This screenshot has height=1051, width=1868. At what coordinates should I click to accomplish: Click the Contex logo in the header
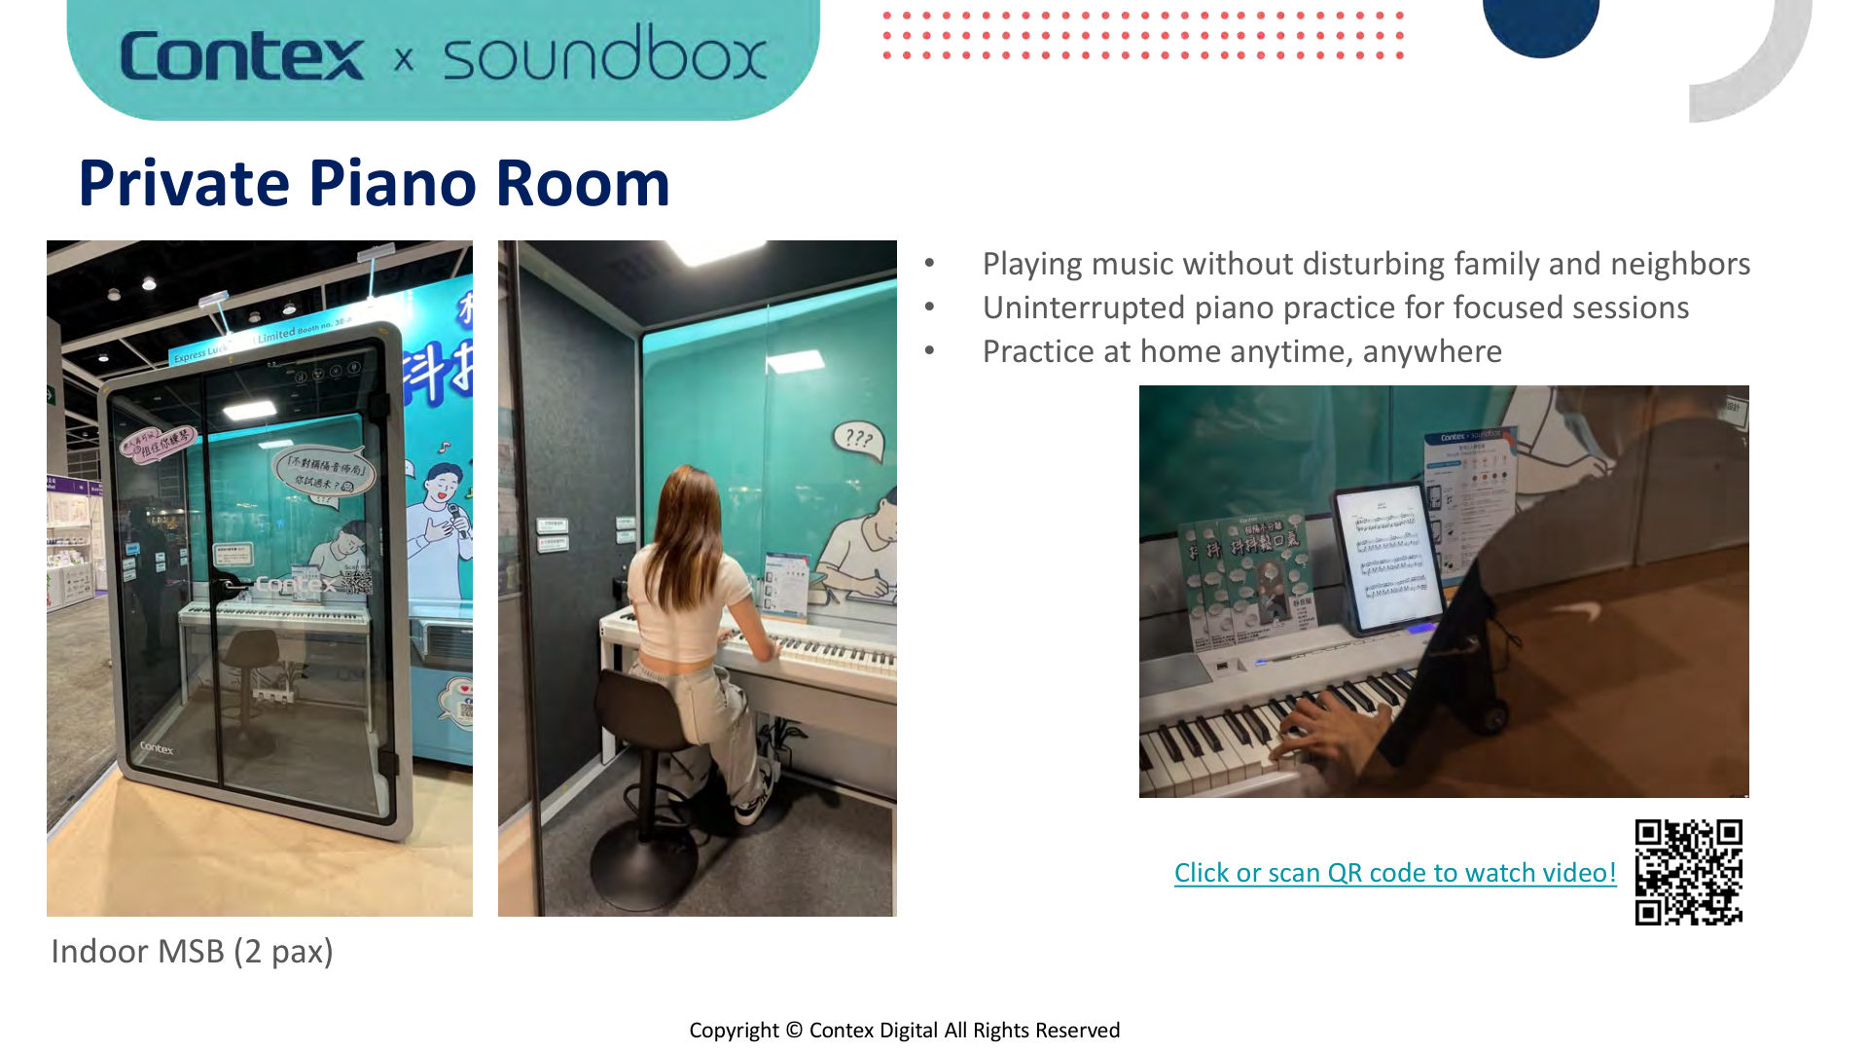point(241,55)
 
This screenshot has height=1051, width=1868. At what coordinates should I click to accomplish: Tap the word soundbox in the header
point(604,55)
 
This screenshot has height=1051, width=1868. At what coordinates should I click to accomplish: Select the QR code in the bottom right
point(1688,872)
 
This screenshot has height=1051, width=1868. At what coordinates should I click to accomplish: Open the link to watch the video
point(1394,873)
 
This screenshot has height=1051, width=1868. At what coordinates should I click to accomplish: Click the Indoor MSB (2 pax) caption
point(192,951)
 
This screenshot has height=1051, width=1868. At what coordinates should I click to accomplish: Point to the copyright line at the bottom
point(904,1030)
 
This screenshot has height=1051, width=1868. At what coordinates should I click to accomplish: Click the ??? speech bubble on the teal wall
point(858,440)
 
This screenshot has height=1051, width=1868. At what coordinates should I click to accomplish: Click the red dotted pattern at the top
point(1142,35)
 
